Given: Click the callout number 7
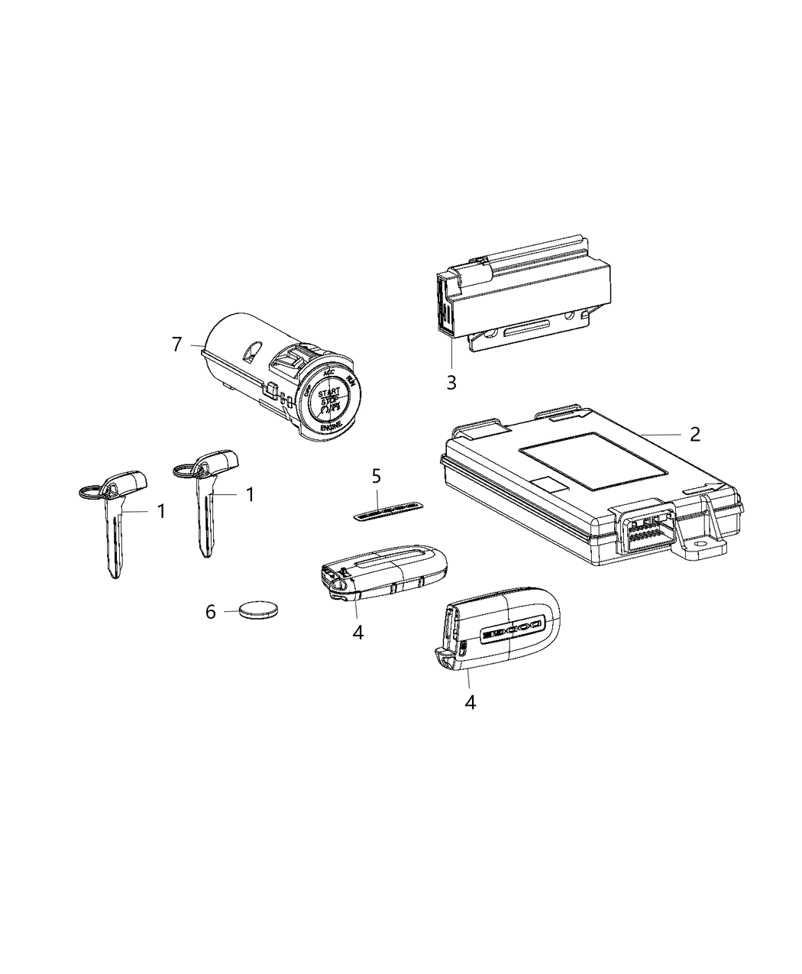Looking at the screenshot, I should coord(177,345).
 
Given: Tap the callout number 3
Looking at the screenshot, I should coord(451,383).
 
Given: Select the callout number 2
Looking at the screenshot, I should coord(694,434).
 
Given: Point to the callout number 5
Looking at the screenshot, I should coord(376,477).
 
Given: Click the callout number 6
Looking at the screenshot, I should coord(212,612).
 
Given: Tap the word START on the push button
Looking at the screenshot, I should coord(330,394).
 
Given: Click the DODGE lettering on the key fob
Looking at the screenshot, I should coord(509,631).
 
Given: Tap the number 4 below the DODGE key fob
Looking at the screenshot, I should coord(471,702).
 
